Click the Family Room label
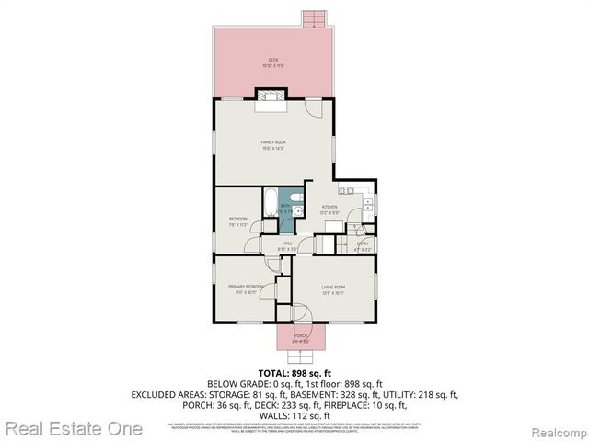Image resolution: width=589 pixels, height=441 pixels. [272, 144]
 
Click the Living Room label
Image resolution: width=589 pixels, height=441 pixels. [333, 289]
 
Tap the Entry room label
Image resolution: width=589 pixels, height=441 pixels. [363, 244]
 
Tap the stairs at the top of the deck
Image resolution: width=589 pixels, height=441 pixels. [315, 18]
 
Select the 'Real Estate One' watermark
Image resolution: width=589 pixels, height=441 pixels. [72, 428]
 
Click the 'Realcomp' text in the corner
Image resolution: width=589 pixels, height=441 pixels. [558, 430]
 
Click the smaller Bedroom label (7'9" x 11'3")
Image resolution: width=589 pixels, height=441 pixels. [237, 220]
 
